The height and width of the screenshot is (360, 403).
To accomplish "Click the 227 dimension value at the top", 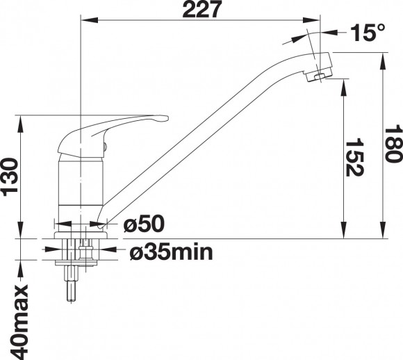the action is (201, 9).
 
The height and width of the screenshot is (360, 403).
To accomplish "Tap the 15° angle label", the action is (368, 33).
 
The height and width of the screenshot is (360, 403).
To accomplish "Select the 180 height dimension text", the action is (393, 143).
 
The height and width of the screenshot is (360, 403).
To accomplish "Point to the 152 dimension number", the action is (354, 158).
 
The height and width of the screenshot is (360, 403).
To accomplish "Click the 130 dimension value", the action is (10, 177).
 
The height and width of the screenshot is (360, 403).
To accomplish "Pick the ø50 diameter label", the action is (144, 224).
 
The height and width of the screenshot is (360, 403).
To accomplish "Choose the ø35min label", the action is (172, 252).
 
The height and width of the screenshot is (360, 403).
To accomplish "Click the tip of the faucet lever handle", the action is (167, 118).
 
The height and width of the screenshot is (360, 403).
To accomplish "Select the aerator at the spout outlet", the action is (319, 75).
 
